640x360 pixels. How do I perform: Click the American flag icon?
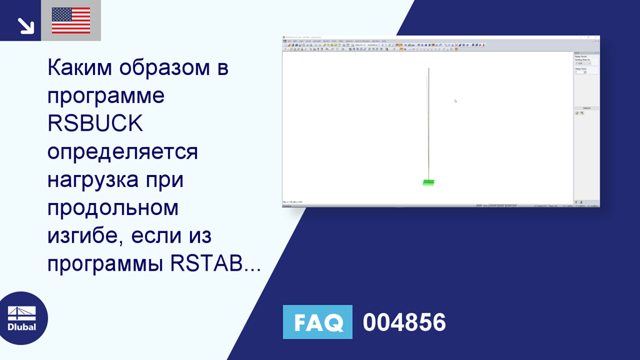click(71, 21)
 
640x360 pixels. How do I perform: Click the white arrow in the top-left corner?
click(26, 25)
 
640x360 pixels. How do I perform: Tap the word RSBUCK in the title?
click(95, 123)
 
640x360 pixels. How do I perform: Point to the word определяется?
click(122, 152)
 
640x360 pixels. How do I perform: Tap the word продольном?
click(113, 208)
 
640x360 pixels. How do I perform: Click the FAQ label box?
click(317, 322)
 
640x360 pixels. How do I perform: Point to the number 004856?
click(404, 322)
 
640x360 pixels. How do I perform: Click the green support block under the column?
click(428, 182)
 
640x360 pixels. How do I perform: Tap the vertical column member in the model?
click(428, 125)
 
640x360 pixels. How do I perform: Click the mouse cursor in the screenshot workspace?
click(455, 100)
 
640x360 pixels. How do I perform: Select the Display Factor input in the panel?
click(581, 72)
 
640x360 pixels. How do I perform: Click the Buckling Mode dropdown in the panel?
click(582, 63)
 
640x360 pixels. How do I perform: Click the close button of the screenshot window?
click(597, 37)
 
